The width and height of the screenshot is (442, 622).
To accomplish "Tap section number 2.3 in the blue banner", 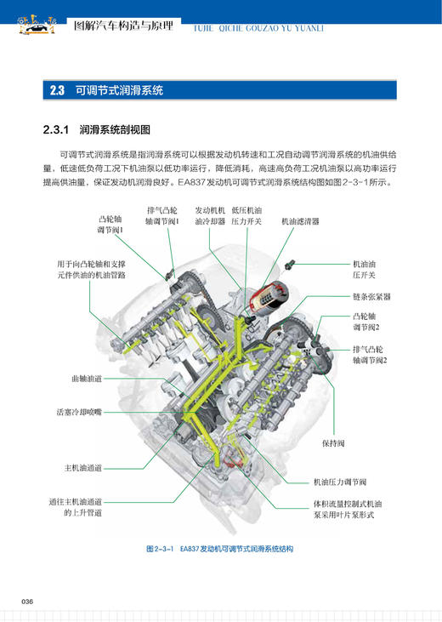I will coord(57,89).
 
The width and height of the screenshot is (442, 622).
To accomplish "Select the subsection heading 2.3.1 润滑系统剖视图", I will coord(95,130).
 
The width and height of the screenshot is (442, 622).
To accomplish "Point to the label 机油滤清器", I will coord(300,220).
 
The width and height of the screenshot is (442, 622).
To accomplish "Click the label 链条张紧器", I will coord(371,297).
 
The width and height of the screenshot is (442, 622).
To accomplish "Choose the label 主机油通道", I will coord(82,467).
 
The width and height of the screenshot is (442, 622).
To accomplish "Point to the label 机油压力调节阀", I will coord(339,482).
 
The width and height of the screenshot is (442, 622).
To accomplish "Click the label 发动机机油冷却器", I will coord(210,216).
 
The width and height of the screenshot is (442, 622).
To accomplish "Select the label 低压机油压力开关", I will coord(246,216).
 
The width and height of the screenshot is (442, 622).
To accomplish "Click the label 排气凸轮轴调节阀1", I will coord(162,216).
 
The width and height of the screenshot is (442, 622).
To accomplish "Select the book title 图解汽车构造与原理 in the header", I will coord(122,26).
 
